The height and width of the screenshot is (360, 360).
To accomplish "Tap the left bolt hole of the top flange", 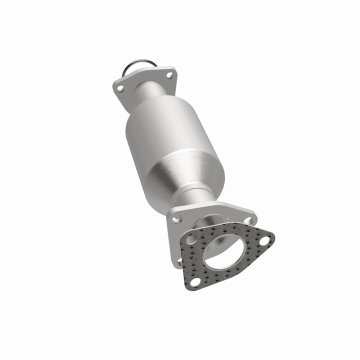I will click(x=120, y=89).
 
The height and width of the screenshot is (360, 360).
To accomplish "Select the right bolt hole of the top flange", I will click(x=169, y=75).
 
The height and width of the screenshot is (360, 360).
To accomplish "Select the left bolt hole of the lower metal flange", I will click(x=175, y=218).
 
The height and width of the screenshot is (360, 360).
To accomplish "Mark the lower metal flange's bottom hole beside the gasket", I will click(x=179, y=260).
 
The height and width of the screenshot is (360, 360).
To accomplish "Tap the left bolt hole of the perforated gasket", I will click(x=191, y=240).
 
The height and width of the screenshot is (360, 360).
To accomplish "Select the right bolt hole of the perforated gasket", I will click(x=263, y=240).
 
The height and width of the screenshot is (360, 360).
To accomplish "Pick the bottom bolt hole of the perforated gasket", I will click(x=194, y=282).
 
